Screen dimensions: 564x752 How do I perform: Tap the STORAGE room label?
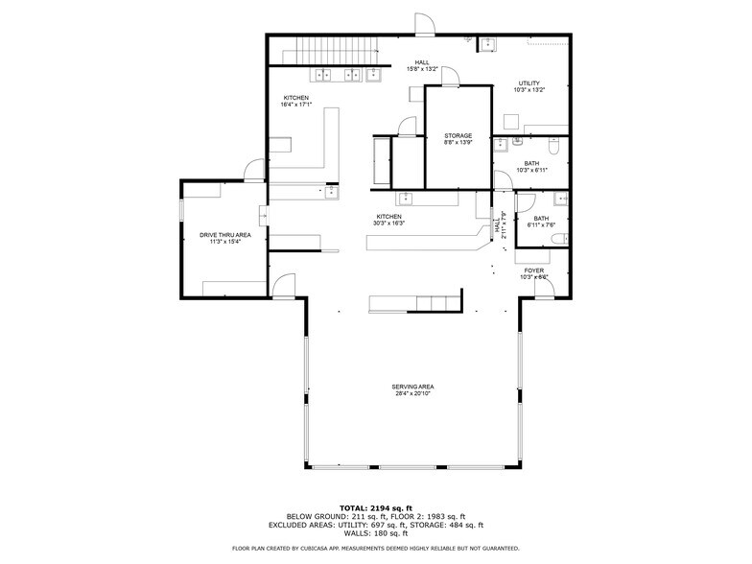(x=458, y=136)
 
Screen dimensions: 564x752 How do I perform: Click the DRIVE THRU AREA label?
(x=224, y=235)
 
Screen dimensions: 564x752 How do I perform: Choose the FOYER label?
(x=533, y=271)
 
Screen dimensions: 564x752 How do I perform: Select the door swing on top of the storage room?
(x=449, y=77)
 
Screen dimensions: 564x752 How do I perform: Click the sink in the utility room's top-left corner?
(x=487, y=43)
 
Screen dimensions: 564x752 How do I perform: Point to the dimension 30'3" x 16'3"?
(x=388, y=223)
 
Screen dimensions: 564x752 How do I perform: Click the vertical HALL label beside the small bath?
(x=496, y=226)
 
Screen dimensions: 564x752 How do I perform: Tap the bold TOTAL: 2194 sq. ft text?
(x=375, y=507)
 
